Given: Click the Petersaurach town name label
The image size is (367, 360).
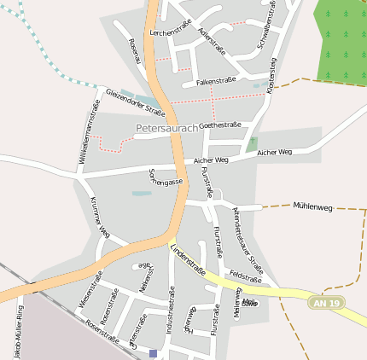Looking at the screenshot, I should [166, 128].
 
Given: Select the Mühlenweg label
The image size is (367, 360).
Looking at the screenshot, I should [312, 206].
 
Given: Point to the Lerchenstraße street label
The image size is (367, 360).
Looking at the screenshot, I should [170, 32].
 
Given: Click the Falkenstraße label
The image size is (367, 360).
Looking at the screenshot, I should [216, 81].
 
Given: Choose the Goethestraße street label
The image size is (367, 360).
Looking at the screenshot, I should [219, 125].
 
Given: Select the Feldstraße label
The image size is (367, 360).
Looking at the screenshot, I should [245, 278].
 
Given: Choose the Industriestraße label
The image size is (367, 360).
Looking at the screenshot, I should [171, 316].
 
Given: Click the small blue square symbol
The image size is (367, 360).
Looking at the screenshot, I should [153, 352].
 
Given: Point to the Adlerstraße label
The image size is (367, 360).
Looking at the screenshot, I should [211, 40].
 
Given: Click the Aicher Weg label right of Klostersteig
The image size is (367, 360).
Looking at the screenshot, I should [274, 152].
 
